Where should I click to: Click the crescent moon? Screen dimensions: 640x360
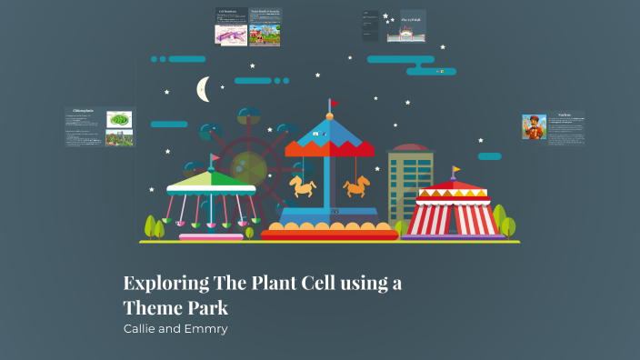tap(204, 89)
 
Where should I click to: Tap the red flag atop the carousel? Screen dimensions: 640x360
tap(333, 103)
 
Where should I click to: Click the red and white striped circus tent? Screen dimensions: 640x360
tap(454, 215)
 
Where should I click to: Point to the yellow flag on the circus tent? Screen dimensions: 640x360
tap(456, 171)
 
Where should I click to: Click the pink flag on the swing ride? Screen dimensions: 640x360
tap(215, 158)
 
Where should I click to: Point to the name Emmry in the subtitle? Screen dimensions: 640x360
tap(205, 328)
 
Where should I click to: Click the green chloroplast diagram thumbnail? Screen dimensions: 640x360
tap(119, 119)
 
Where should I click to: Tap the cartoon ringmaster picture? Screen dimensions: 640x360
tap(533, 126)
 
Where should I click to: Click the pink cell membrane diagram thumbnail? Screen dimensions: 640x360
tap(230, 35)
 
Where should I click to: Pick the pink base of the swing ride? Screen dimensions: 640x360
tap(211, 237)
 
